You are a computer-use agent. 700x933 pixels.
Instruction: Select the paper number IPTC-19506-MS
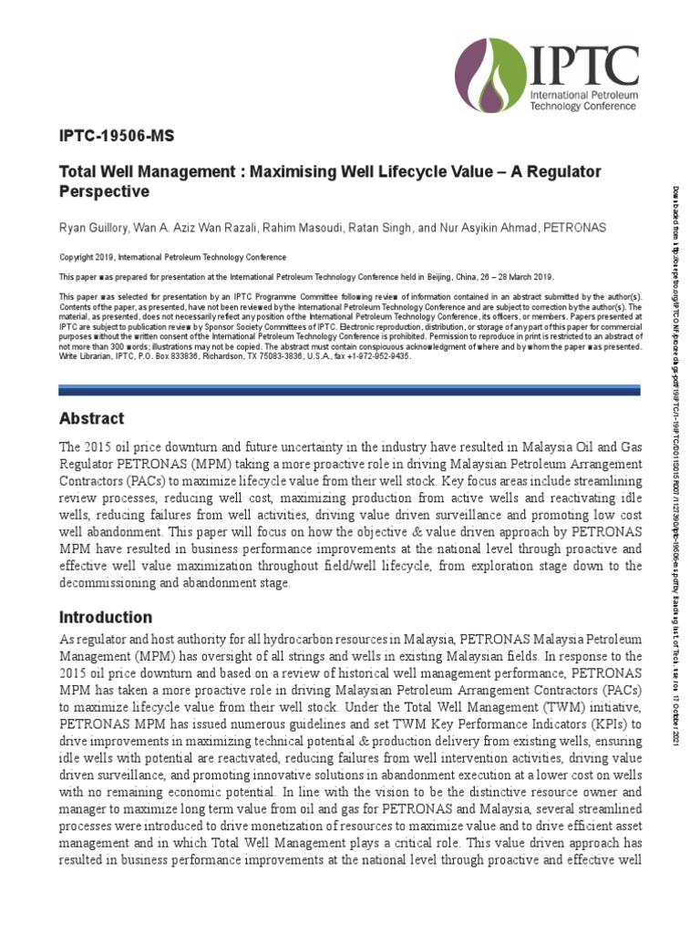click(x=116, y=137)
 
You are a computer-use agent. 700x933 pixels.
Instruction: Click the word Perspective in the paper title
click(x=103, y=192)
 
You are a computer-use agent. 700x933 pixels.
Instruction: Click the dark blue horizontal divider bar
click(x=350, y=389)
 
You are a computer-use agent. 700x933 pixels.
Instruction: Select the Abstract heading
click(x=91, y=419)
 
